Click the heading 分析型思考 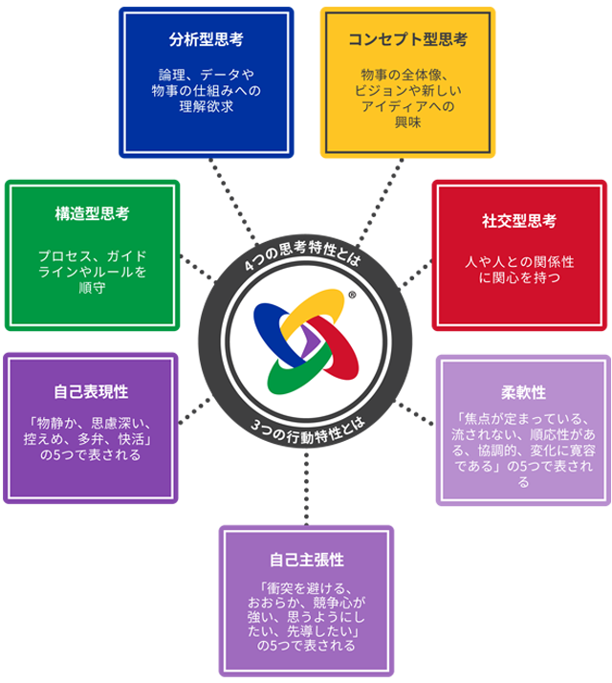(206, 41)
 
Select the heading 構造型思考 (92, 214)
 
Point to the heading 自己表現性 (92, 392)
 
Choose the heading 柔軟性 (523, 393)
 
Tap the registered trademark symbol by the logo (352, 297)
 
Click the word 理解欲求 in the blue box (206, 106)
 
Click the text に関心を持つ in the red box (519, 278)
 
